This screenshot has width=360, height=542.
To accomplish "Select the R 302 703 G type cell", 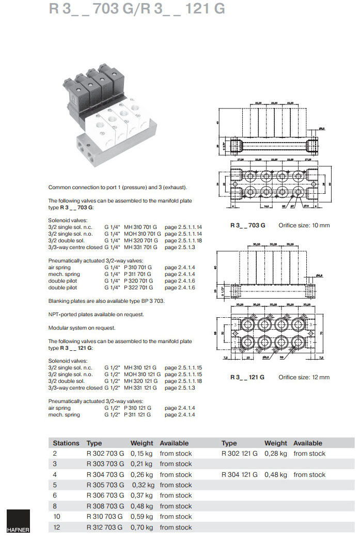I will click(x=105, y=454).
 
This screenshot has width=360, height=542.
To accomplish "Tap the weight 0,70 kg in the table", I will click(x=142, y=528).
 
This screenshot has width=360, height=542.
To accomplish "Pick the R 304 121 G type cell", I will click(x=240, y=475).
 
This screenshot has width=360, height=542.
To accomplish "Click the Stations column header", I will click(x=66, y=443).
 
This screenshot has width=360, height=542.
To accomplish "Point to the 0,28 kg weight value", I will click(x=276, y=454).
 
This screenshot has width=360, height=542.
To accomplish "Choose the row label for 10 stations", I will click(x=56, y=517).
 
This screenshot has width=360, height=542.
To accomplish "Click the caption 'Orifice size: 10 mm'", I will click(x=304, y=225).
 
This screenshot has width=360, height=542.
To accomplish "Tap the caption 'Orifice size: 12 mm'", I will click(x=304, y=377).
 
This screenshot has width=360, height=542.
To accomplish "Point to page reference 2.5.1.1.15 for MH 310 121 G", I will click(x=183, y=367).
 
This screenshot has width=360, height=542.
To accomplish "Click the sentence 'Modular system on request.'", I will click(x=82, y=328).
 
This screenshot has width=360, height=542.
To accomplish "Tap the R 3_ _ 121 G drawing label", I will click(x=247, y=377).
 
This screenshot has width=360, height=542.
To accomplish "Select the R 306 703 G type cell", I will click(x=105, y=496).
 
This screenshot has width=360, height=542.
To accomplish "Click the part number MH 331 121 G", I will click(x=140, y=388).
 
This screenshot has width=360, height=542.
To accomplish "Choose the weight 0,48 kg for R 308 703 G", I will click(x=142, y=506).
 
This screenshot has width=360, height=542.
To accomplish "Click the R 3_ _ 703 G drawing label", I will click(x=247, y=225).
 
